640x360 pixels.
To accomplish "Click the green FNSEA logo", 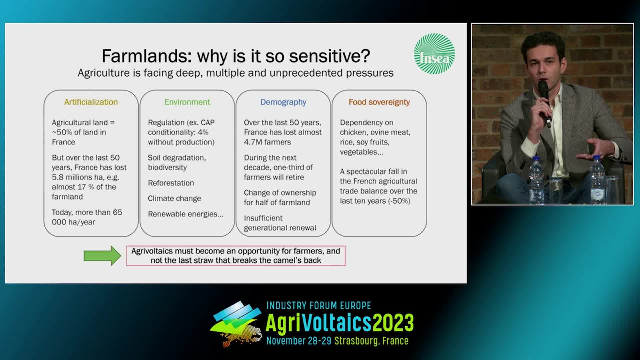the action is tap(434, 53).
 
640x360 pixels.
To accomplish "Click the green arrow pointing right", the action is tap(102, 256).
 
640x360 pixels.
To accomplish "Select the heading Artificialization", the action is tap(91, 102).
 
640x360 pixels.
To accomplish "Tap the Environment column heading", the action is tap(187, 102).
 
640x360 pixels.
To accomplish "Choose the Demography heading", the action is tap(283, 102).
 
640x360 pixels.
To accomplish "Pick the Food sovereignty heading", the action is tap(379, 102).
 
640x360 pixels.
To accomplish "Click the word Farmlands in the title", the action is tap(146, 56).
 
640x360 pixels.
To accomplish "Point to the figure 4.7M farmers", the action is tap(267, 142).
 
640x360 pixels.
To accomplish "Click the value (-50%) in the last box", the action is tap(399, 201).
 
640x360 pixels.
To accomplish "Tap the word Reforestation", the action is tap(171, 183).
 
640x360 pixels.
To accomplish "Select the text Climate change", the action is tap(174, 199).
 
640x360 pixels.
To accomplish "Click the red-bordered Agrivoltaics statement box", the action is tap(236, 256).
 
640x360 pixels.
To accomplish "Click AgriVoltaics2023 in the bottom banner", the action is tap(340, 323).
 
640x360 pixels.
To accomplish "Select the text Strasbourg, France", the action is tap(371, 341).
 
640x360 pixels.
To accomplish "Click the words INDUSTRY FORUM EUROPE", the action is tap(319, 306).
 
